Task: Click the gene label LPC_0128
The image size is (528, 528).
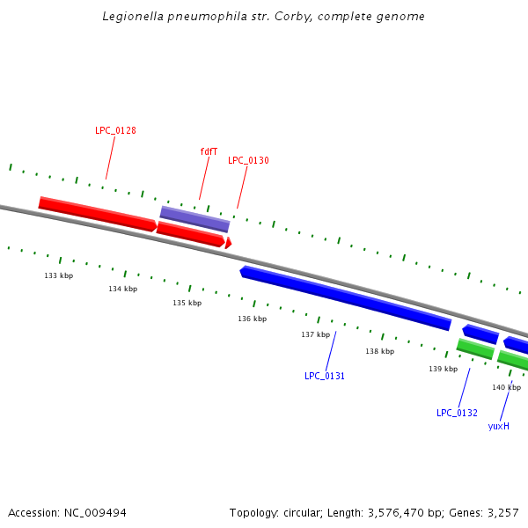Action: coord(115,130)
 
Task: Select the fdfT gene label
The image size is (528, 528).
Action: coord(209,151)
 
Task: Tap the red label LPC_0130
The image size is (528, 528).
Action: coord(248,160)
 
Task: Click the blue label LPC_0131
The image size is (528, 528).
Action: coord(325,376)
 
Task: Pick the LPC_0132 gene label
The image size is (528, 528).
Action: coord(457,413)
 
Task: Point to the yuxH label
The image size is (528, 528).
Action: coord(499,426)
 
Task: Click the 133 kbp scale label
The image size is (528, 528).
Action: coord(59,275)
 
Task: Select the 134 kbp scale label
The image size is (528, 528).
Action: coord(123,289)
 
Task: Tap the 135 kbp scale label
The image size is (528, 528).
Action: coord(187,303)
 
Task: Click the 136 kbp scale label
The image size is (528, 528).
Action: coord(252,319)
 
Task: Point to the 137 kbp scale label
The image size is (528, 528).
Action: coord(315,334)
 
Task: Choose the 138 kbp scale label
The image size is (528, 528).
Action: coord(379,351)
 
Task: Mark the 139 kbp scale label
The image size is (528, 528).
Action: coord(443,369)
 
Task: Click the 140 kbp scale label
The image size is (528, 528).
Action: coord(506,387)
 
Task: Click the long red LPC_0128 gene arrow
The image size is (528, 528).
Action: coord(97,215)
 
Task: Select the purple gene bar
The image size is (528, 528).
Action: coord(194,218)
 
